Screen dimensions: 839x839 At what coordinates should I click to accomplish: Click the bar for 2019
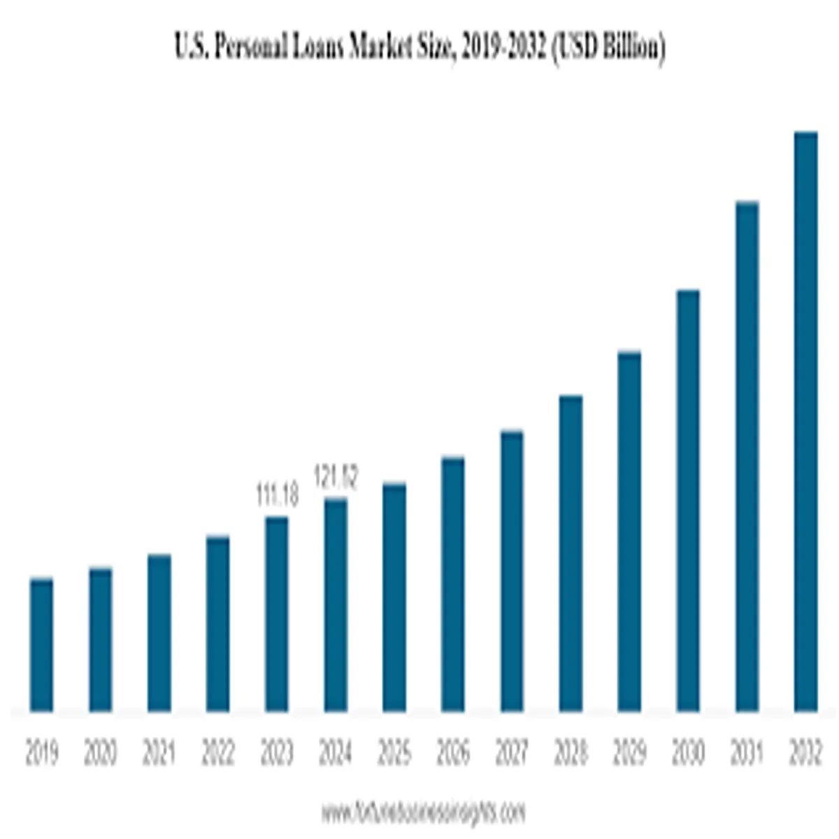pos(41,645)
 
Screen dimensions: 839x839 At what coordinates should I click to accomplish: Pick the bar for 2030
pos(688,501)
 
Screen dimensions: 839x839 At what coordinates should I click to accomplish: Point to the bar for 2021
pos(159,633)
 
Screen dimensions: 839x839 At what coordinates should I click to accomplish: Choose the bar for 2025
pos(394,597)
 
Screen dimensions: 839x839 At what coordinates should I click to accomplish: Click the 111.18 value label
pos(277,496)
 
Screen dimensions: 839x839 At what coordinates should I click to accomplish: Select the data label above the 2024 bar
pos(336,478)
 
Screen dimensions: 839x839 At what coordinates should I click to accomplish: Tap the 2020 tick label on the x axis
pos(100,754)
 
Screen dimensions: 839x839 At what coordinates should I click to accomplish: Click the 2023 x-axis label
pos(277,754)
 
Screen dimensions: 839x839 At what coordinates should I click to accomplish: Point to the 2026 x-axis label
pos(453,754)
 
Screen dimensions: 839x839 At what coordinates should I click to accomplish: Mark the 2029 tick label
pos(629,754)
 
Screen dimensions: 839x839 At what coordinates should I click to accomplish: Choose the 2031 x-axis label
pos(747,754)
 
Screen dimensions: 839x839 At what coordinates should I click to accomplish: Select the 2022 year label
pos(217,754)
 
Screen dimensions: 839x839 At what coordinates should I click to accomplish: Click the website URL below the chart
pos(422,813)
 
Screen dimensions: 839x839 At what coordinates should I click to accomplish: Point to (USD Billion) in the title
pos(608,49)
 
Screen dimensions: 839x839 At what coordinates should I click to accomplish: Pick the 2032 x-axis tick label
pos(805,754)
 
